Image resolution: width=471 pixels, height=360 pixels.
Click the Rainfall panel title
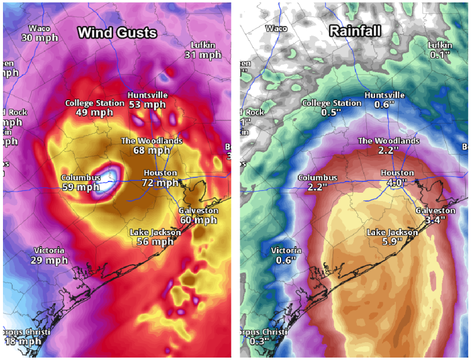(x=354, y=31)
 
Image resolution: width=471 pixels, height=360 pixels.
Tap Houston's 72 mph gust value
(x=160, y=183)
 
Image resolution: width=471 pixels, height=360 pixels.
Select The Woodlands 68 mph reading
(x=151, y=150)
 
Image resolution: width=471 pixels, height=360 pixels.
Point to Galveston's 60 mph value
(x=198, y=220)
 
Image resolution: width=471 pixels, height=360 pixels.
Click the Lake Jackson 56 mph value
(x=155, y=242)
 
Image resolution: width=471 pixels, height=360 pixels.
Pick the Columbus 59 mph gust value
(x=80, y=187)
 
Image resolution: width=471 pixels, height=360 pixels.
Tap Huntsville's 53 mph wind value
(x=147, y=105)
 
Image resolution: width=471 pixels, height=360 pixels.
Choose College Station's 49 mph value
(x=95, y=112)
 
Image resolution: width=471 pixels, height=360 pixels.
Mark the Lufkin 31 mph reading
(x=202, y=55)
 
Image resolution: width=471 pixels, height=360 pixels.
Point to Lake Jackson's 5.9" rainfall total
(x=391, y=242)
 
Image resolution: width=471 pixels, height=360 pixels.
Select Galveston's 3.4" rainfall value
(x=435, y=220)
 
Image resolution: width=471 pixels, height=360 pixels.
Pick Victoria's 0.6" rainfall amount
(x=286, y=260)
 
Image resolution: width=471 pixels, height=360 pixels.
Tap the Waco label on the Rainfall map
(x=276, y=28)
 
